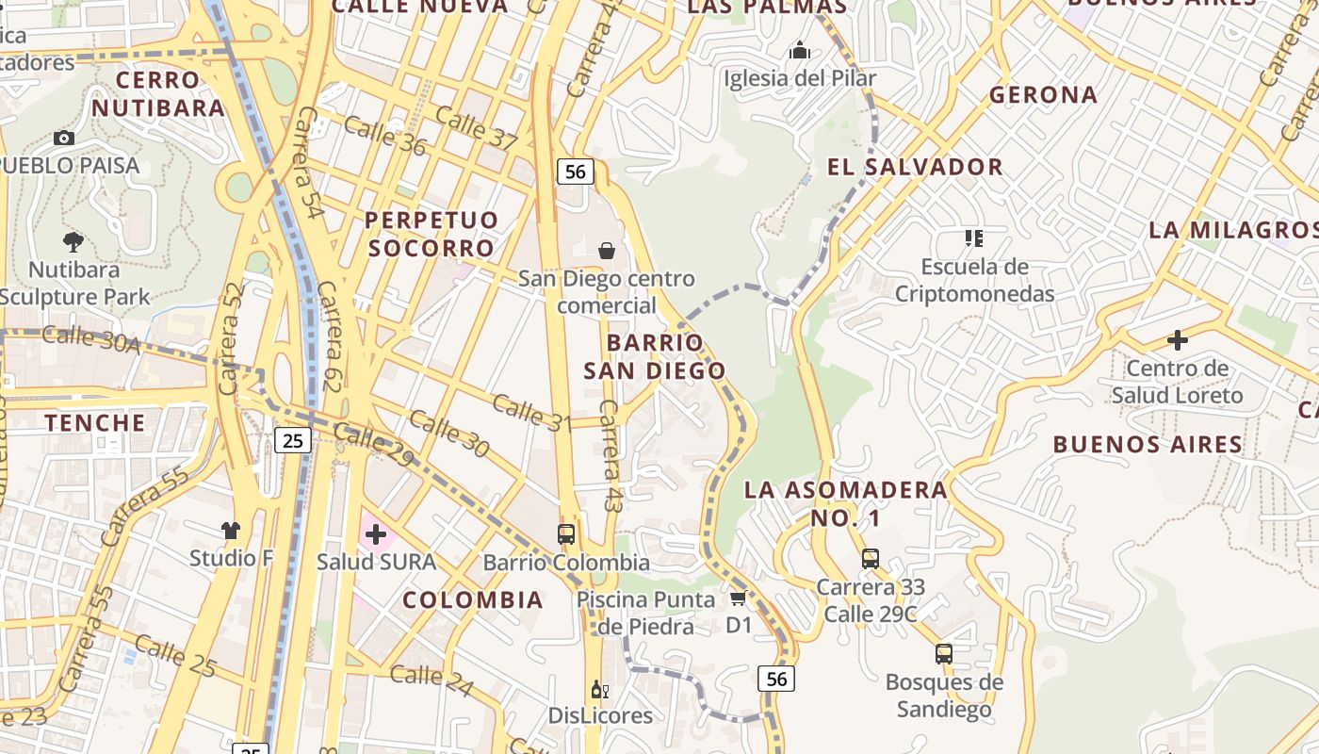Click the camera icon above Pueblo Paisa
click(x=64, y=139)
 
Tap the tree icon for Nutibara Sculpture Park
click(x=73, y=242)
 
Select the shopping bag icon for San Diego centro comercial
click(x=607, y=251)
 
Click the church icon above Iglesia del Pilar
click(x=800, y=50)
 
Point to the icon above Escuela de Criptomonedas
click(x=973, y=238)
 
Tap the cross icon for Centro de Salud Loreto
click(x=1177, y=340)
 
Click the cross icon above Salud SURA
click(x=376, y=535)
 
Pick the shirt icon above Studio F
click(x=231, y=531)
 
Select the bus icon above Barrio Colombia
click(x=566, y=534)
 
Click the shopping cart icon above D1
click(x=738, y=598)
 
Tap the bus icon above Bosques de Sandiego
click(x=943, y=653)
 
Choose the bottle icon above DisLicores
click(x=599, y=690)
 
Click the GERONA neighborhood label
click(x=1043, y=95)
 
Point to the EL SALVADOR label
click(x=915, y=168)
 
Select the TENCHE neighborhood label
click(x=95, y=422)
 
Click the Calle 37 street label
click(x=477, y=128)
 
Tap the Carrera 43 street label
click(x=611, y=457)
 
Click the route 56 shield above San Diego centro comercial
click(x=575, y=172)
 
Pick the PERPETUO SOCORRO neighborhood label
click(x=432, y=234)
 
